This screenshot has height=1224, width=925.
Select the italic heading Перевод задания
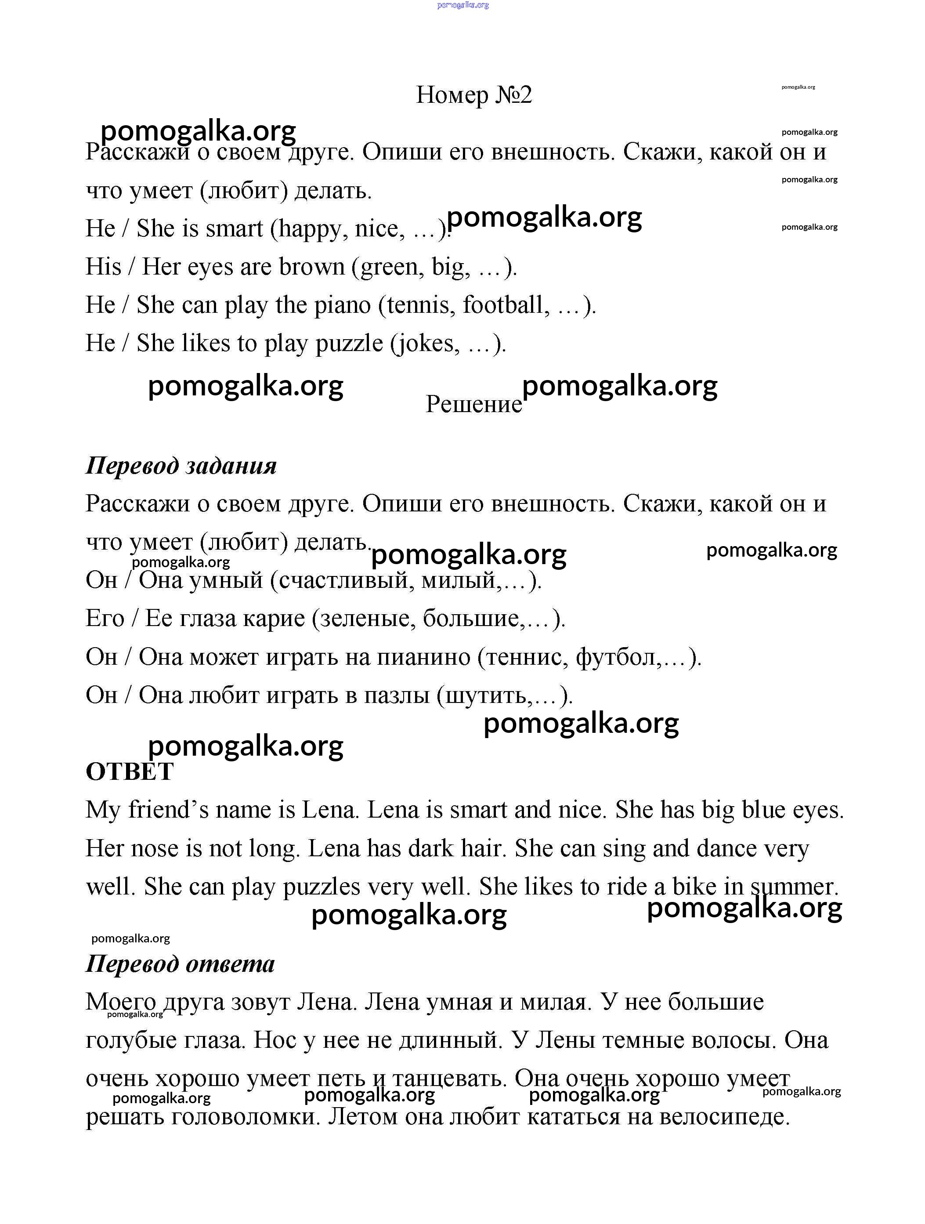[x=181, y=465]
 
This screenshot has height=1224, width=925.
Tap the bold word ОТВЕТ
[x=130, y=771]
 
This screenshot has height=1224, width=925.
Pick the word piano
[x=343, y=305]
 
